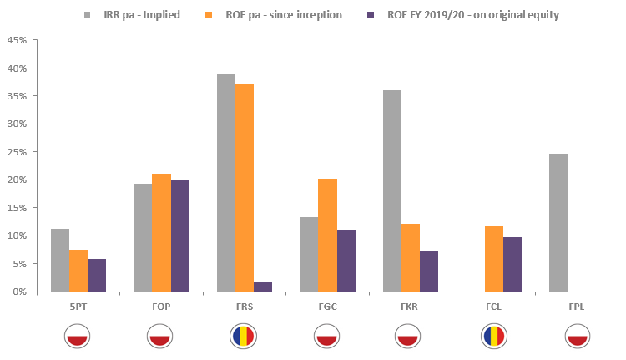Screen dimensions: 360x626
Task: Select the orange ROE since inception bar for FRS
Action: [245, 188]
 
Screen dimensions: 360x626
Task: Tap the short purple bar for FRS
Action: [263, 286]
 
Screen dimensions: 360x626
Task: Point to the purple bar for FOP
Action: [179, 236]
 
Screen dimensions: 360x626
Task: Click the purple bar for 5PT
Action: [97, 275]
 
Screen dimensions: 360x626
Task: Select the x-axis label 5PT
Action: [78, 307]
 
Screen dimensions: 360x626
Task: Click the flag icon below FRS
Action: [245, 336]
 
